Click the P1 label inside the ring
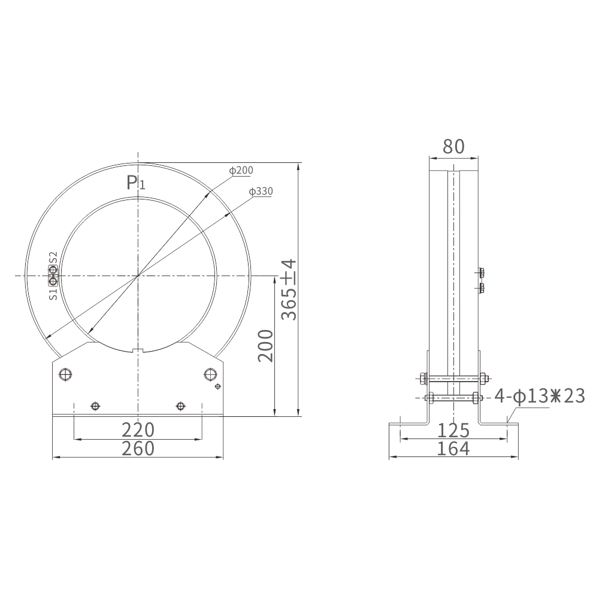point(136,183)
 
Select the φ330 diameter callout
point(261,192)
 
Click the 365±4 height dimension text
point(289,289)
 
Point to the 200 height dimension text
point(265,345)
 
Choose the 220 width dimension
point(138,429)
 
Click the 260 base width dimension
point(138,448)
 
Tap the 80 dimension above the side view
point(453,146)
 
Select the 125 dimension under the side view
point(453,430)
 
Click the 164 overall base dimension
point(453,448)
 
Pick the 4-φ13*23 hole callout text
point(539,396)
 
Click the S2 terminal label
point(53,258)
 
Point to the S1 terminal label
point(53,294)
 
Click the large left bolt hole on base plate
point(65,374)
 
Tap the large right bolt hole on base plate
point(210,374)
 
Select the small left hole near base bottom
point(94,406)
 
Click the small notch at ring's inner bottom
point(138,350)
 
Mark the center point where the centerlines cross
point(138,276)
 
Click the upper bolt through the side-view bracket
point(453,378)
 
